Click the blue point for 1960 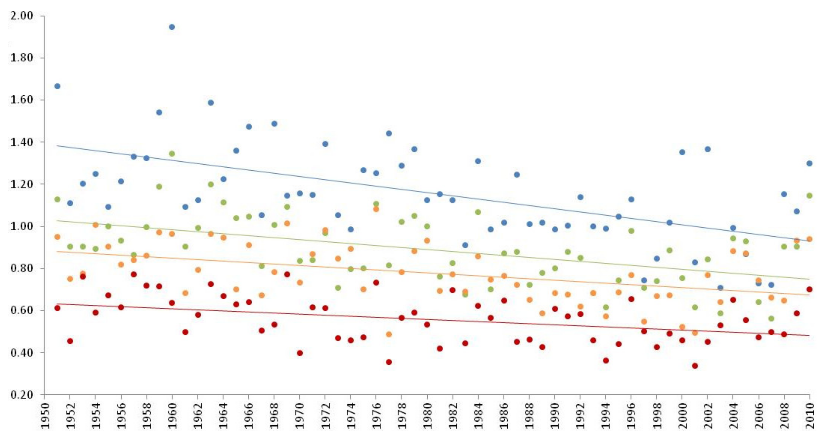coord(172,27)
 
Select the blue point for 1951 coord(57,86)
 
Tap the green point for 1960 coord(172,154)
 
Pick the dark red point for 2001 coord(695,366)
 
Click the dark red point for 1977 coord(389,362)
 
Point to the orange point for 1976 coord(376,209)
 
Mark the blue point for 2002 coord(707,149)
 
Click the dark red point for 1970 coord(300,353)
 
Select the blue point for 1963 coord(210,103)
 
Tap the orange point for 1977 coord(389,334)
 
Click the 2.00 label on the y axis coord(22,16)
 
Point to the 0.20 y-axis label coord(22,395)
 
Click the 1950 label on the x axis coord(44,416)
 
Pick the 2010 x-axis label coord(810,416)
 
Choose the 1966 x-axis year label coord(249,416)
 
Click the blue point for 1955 coord(108,207)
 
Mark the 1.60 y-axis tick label coord(22,100)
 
